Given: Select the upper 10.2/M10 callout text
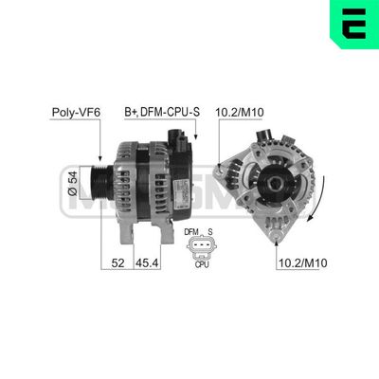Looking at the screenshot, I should pos(241,112).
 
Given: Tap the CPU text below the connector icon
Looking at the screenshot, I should pos(201,265).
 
